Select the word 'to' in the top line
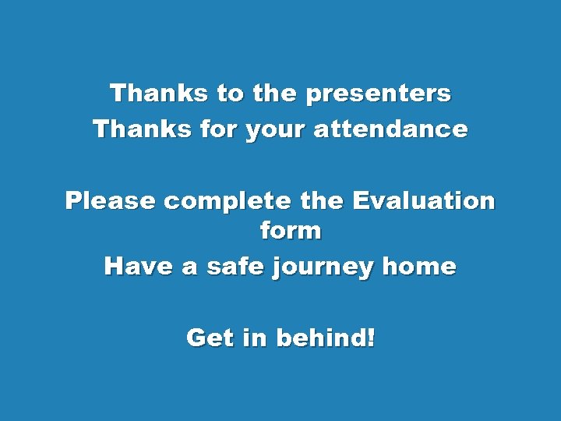(x=230, y=94)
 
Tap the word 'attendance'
(x=390, y=129)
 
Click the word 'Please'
(x=111, y=201)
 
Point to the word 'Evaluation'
(x=424, y=201)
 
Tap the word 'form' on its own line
(x=288, y=231)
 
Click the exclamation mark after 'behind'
(x=369, y=338)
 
